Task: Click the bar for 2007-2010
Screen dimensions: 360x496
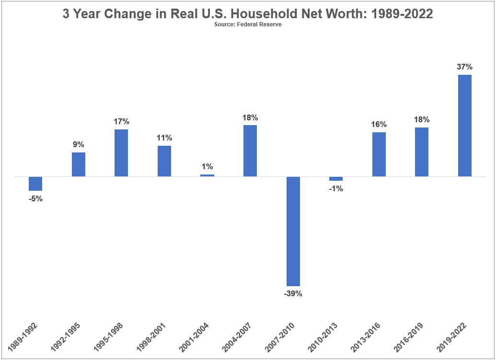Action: [x=293, y=231]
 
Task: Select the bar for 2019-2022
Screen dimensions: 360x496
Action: [x=465, y=126]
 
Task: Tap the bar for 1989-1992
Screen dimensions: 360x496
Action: [x=35, y=184]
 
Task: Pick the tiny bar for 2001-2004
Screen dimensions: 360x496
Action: [x=207, y=175]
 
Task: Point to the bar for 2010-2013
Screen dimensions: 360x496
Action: [x=336, y=179]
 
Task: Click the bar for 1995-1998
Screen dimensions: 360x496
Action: [x=121, y=153]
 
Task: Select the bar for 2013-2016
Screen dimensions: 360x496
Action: [x=379, y=154]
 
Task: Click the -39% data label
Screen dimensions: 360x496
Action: [x=293, y=293]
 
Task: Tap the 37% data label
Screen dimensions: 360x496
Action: [x=464, y=67]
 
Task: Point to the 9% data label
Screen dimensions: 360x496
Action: [x=79, y=145]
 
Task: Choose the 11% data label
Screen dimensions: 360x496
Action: [x=164, y=138]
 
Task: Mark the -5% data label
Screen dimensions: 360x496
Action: [x=35, y=198]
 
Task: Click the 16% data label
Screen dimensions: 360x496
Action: [x=379, y=124]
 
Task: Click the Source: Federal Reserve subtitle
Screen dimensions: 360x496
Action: [x=248, y=25]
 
